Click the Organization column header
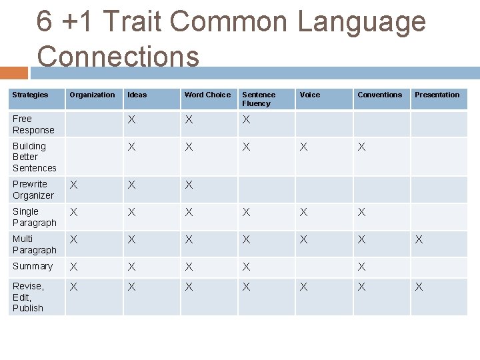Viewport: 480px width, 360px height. [x=92, y=95]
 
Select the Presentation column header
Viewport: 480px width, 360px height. [x=437, y=95]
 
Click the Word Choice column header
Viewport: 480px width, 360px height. [x=207, y=95]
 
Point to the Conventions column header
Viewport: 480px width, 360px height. [x=379, y=95]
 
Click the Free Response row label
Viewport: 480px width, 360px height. [x=33, y=124]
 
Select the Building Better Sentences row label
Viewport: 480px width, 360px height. [x=34, y=157]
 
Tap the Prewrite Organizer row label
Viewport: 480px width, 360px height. [x=33, y=189]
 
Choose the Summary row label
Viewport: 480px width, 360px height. [x=32, y=266]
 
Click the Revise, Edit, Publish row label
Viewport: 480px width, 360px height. [x=28, y=297]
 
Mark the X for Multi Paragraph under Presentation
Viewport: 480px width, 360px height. [x=419, y=239]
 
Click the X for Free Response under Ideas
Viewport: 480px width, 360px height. [x=132, y=119]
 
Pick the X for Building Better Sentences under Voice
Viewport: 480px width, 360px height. [x=304, y=147]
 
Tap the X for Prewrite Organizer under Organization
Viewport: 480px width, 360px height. [x=75, y=185]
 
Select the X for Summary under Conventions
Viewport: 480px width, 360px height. [x=361, y=267]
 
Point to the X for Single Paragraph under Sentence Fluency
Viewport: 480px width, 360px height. [x=247, y=212]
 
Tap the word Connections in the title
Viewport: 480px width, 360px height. [x=118, y=56]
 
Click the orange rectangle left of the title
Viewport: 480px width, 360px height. [x=14, y=73]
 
